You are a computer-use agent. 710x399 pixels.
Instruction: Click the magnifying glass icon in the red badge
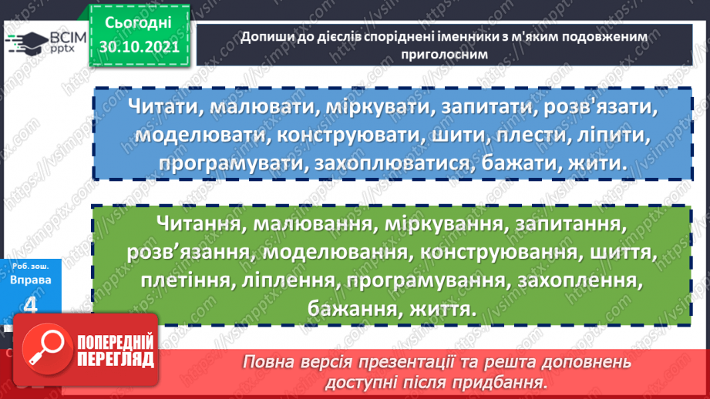[45, 347]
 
